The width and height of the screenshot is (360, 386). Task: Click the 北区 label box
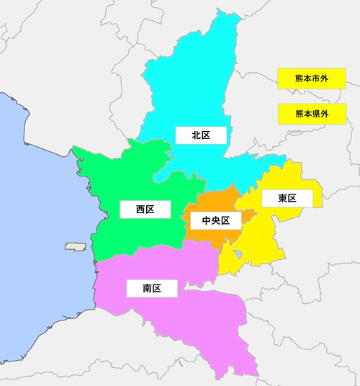click(201, 135)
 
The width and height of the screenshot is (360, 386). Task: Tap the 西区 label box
click(145, 210)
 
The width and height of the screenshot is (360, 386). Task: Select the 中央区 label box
click(215, 220)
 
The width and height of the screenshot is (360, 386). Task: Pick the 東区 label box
click(288, 198)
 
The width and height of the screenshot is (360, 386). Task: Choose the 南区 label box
click(151, 289)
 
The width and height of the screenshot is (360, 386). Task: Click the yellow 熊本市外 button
click(312, 78)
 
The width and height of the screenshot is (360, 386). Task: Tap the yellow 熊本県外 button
click(312, 113)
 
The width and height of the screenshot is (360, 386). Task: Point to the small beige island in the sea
click(76, 246)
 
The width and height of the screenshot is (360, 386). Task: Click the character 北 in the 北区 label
click(196, 135)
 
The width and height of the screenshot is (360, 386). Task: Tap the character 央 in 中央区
click(215, 220)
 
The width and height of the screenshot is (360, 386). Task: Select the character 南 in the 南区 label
click(147, 289)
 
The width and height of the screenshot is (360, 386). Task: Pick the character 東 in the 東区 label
click(283, 198)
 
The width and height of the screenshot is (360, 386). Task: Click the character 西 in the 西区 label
click(140, 210)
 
